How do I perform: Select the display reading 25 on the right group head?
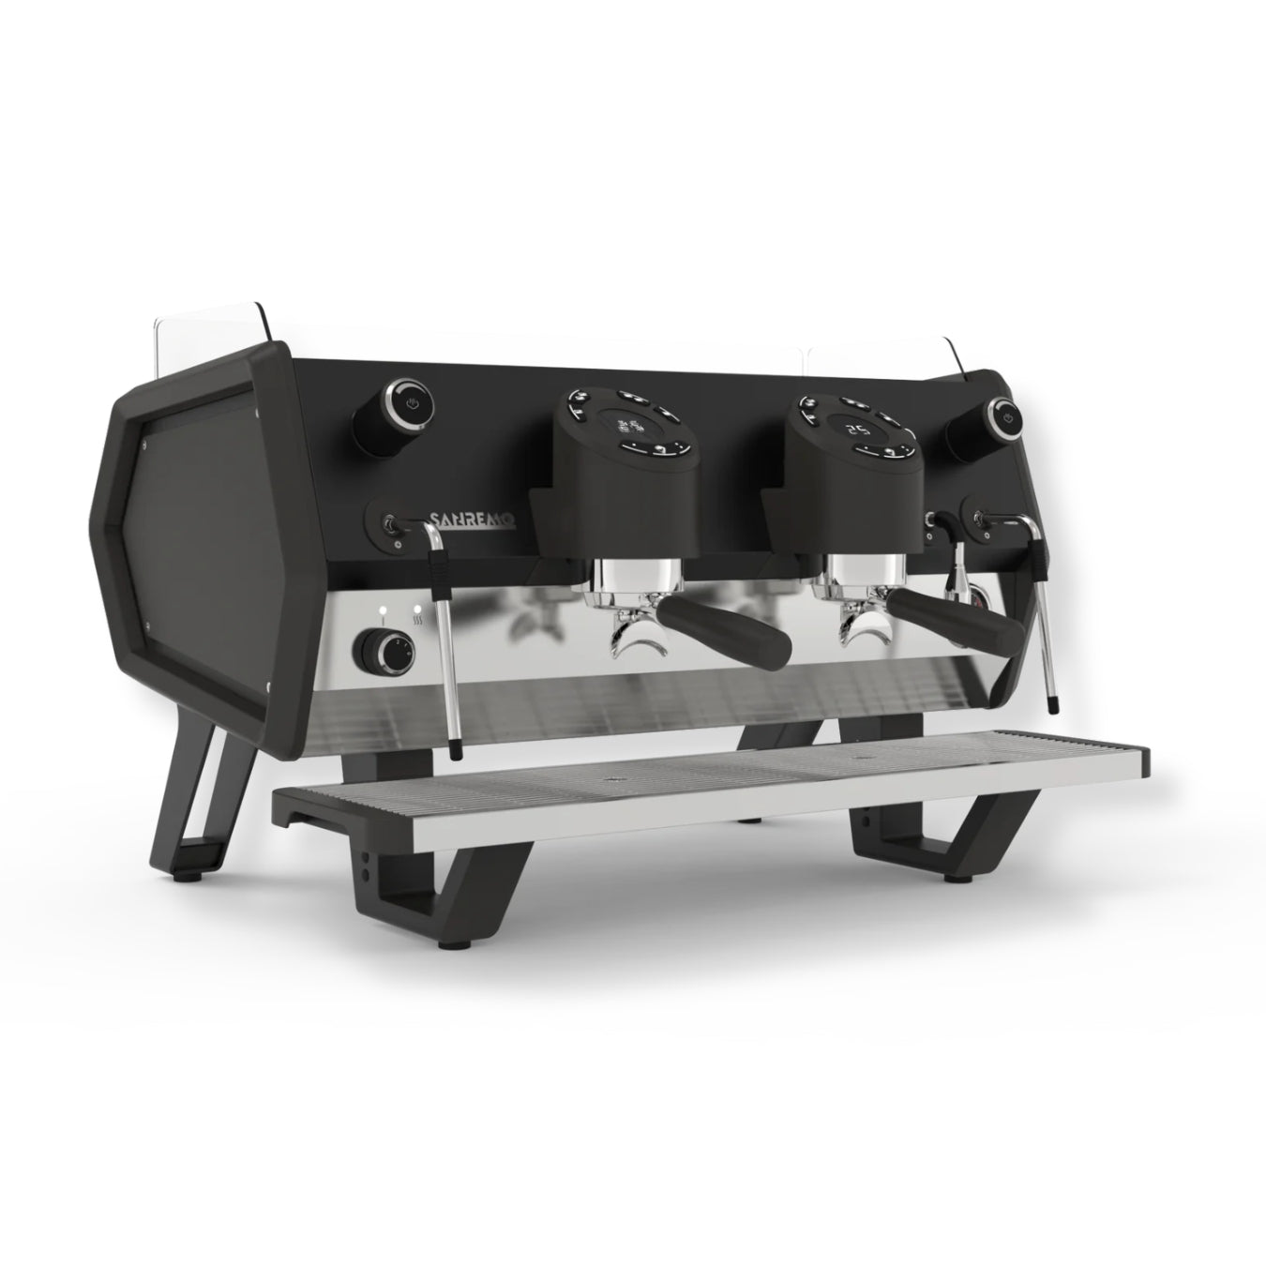tap(855, 430)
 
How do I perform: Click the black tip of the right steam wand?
tap(1050, 701)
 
